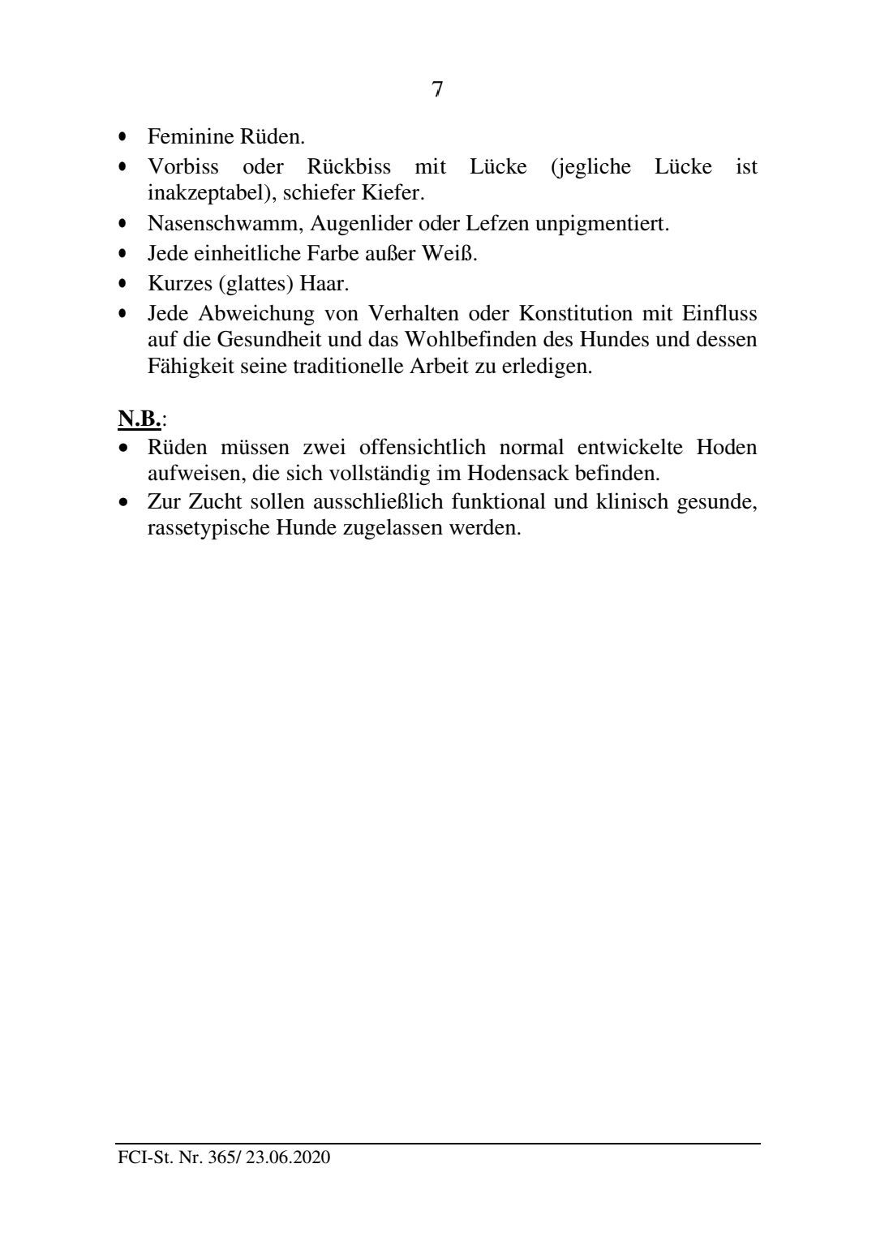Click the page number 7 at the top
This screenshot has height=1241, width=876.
coord(437,89)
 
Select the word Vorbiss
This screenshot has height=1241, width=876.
coord(183,167)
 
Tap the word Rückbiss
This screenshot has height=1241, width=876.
coord(349,167)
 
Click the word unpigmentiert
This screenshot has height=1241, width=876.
coord(602,224)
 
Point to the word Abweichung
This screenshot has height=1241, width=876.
coord(256,313)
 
